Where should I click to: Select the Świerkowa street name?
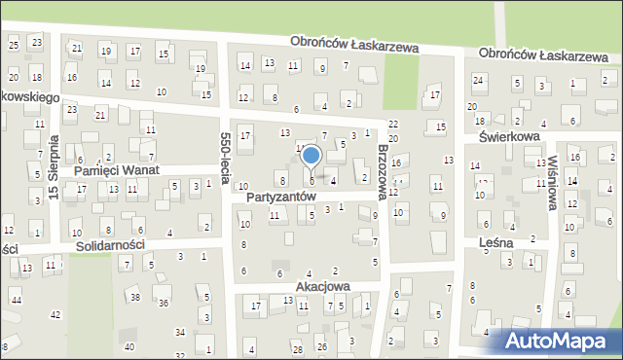point(501,137)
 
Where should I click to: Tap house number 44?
point(17,301)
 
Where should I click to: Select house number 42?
point(55,314)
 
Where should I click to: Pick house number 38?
point(135,297)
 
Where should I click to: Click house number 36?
point(164,304)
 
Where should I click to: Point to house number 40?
point(128,346)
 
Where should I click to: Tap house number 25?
point(13,44)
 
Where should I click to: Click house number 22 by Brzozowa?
point(393,124)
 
